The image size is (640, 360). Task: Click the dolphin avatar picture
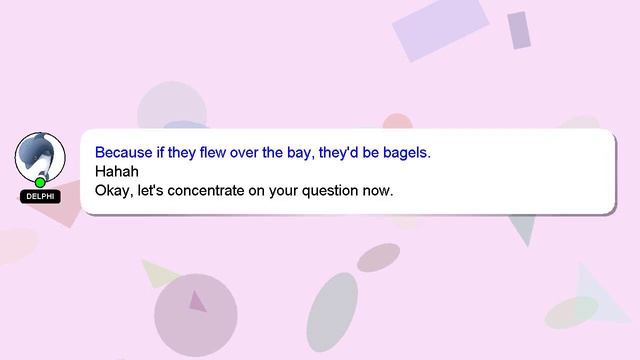tap(40, 157)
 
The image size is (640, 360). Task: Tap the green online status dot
tap(40, 182)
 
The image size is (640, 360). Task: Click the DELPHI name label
tap(40, 196)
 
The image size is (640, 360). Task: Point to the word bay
tap(302, 153)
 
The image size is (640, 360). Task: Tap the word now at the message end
tap(378, 189)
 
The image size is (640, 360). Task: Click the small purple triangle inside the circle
tap(197, 301)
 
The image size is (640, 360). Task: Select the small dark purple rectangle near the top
tap(518, 30)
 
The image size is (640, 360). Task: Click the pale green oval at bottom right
tap(571, 311)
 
